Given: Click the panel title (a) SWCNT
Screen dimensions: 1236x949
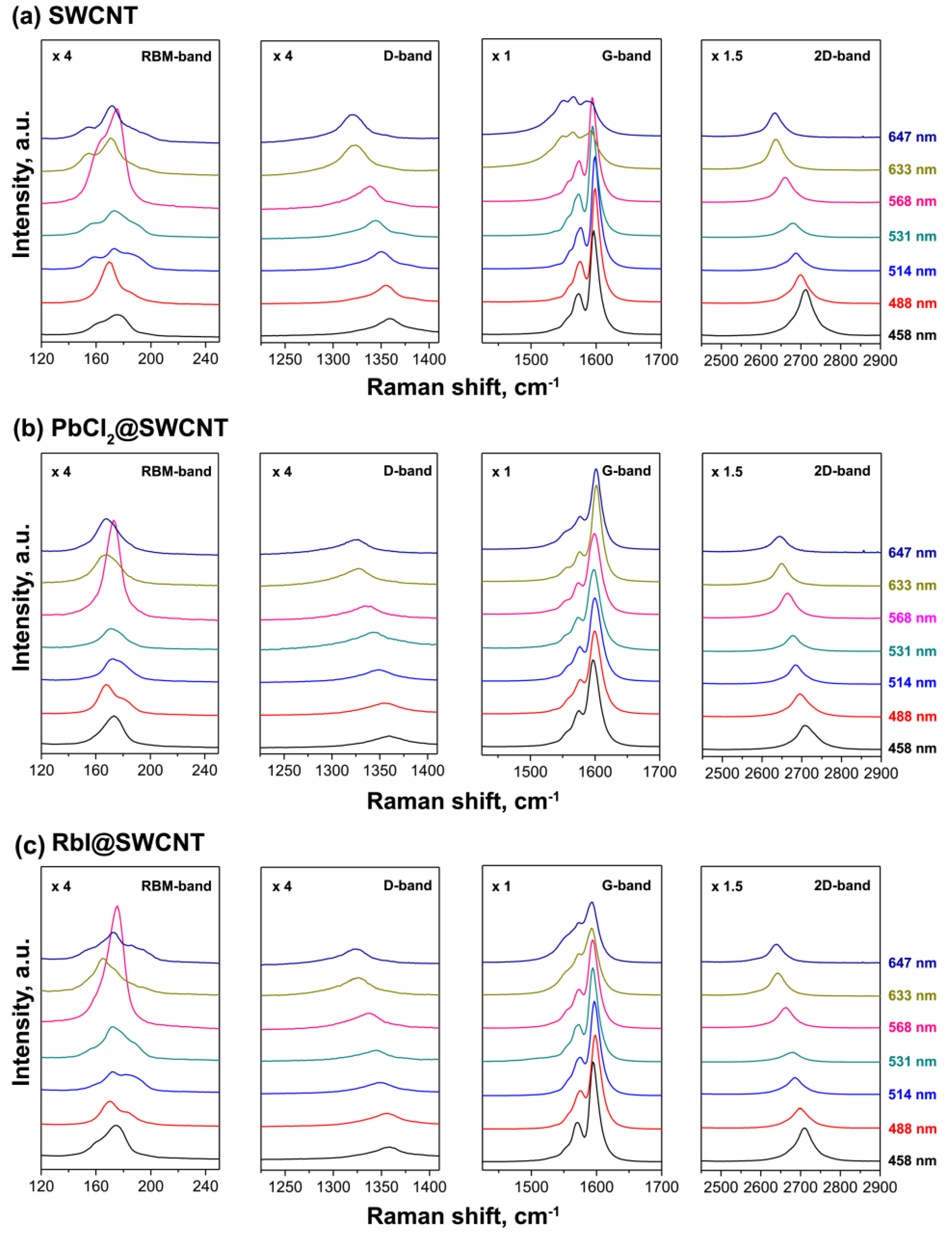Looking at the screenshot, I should [x=75, y=15].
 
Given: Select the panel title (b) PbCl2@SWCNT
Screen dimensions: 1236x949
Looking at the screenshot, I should [x=120, y=428].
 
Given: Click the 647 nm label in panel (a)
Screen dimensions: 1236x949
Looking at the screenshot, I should [x=912, y=137].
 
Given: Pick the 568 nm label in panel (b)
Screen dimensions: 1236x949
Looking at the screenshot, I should [x=912, y=618].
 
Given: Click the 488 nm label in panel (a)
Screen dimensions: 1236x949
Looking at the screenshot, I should [x=912, y=303].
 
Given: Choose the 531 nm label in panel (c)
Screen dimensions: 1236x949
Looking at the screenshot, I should [x=912, y=1061].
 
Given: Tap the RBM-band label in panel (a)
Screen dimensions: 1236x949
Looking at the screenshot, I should [x=176, y=56].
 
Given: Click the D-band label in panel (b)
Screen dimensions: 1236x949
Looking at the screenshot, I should [x=407, y=471].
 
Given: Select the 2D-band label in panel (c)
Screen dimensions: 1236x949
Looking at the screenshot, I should [x=842, y=885].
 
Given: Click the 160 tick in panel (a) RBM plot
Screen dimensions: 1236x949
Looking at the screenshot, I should [x=96, y=359].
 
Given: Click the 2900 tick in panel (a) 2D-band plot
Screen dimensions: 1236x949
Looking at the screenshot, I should [x=879, y=360].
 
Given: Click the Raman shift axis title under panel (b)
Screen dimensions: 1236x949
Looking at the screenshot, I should [x=462, y=802].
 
